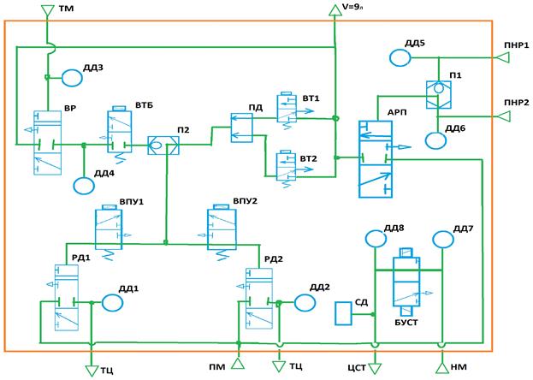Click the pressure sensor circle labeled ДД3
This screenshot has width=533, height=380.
[72, 78]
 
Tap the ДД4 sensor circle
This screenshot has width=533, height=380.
[84, 186]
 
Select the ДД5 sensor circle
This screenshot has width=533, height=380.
[400, 58]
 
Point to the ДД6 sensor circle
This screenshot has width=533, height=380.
[435, 140]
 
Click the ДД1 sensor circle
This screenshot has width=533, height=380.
[113, 303]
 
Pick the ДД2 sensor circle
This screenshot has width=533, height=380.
[305, 302]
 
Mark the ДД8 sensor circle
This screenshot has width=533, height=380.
[376, 239]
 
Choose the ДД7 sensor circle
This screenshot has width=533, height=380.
[443, 240]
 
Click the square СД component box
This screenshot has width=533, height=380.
[343, 313]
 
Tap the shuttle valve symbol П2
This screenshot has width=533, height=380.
[163, 145]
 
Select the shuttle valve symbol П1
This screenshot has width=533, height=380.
[439, 95]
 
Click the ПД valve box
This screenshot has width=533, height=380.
[241, 128]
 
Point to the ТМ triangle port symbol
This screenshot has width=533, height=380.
[47, 10]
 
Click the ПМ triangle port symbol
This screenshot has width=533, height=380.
[238, 364]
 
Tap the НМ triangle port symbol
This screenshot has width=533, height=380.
[442, 368]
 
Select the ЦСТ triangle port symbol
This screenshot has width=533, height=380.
[375, 368]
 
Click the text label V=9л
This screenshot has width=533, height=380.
[352, 7]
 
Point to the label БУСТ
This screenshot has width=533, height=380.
[406, 323]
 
